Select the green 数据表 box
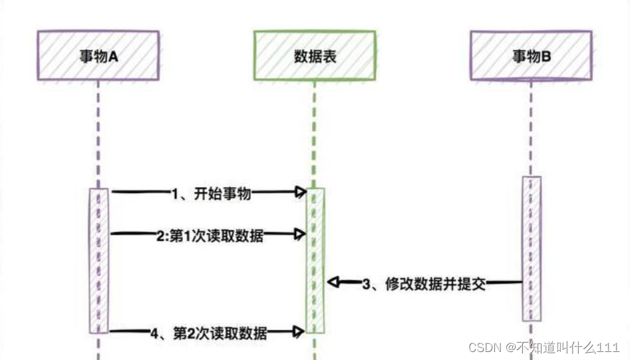pyautogui.click(x=315, y=56)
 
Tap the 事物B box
pyautogui.click(x=531, y=56)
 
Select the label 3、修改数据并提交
pyautogui.click(x=424, y=284)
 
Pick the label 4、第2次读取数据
pyautogui.click(x=209, y=333)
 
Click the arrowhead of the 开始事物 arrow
pyautogui.click(x=301, y=193)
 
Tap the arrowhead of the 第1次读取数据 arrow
pyautogui.click(x=301, y=234)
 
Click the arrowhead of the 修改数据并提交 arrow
pyautogui.click(x=332, y=283)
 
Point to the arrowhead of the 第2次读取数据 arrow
pyautogui.click(x=301, y=331)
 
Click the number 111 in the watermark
pyautogui.click(x=609, y=348)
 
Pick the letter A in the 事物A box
pyautogui.click(x=113, y=57)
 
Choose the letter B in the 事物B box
pyautogui.click(x=546, y=57)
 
